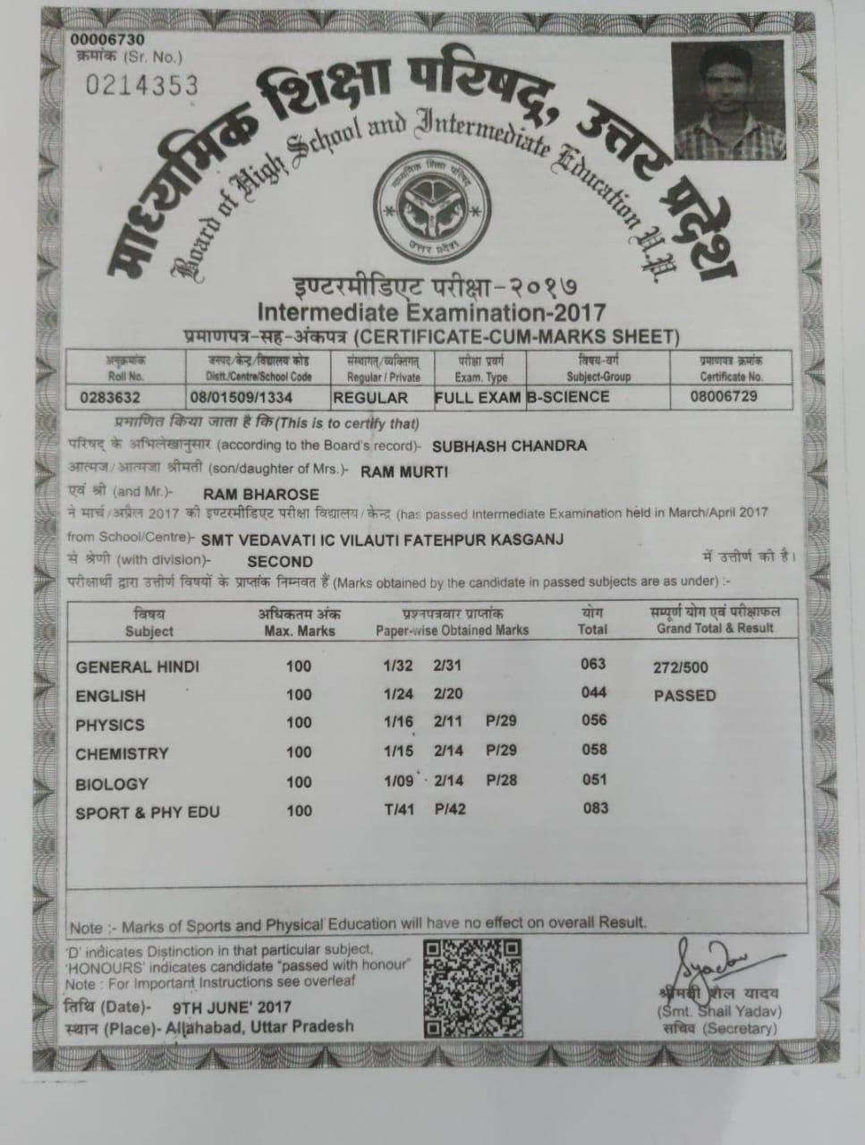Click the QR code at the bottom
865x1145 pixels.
(x=472, y=978)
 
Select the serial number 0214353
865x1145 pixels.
(x=141, y=85)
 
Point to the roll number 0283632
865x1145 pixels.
(x=110, y=397)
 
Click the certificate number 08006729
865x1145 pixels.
(x=724, y=395)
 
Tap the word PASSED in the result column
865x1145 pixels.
(x=684, y=695)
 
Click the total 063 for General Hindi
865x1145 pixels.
(x=593, y=664)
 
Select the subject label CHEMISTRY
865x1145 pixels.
(x=122, y=754)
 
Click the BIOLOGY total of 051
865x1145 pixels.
(x=594, y=779)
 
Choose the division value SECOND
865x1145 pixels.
(x=279, y=562)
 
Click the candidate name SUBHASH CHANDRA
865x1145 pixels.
(x=509, y=445)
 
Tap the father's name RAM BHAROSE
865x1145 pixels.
(x=261, y=494)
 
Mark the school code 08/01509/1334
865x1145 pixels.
(x=242, y=397)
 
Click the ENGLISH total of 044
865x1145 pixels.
(x=593, y=692)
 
